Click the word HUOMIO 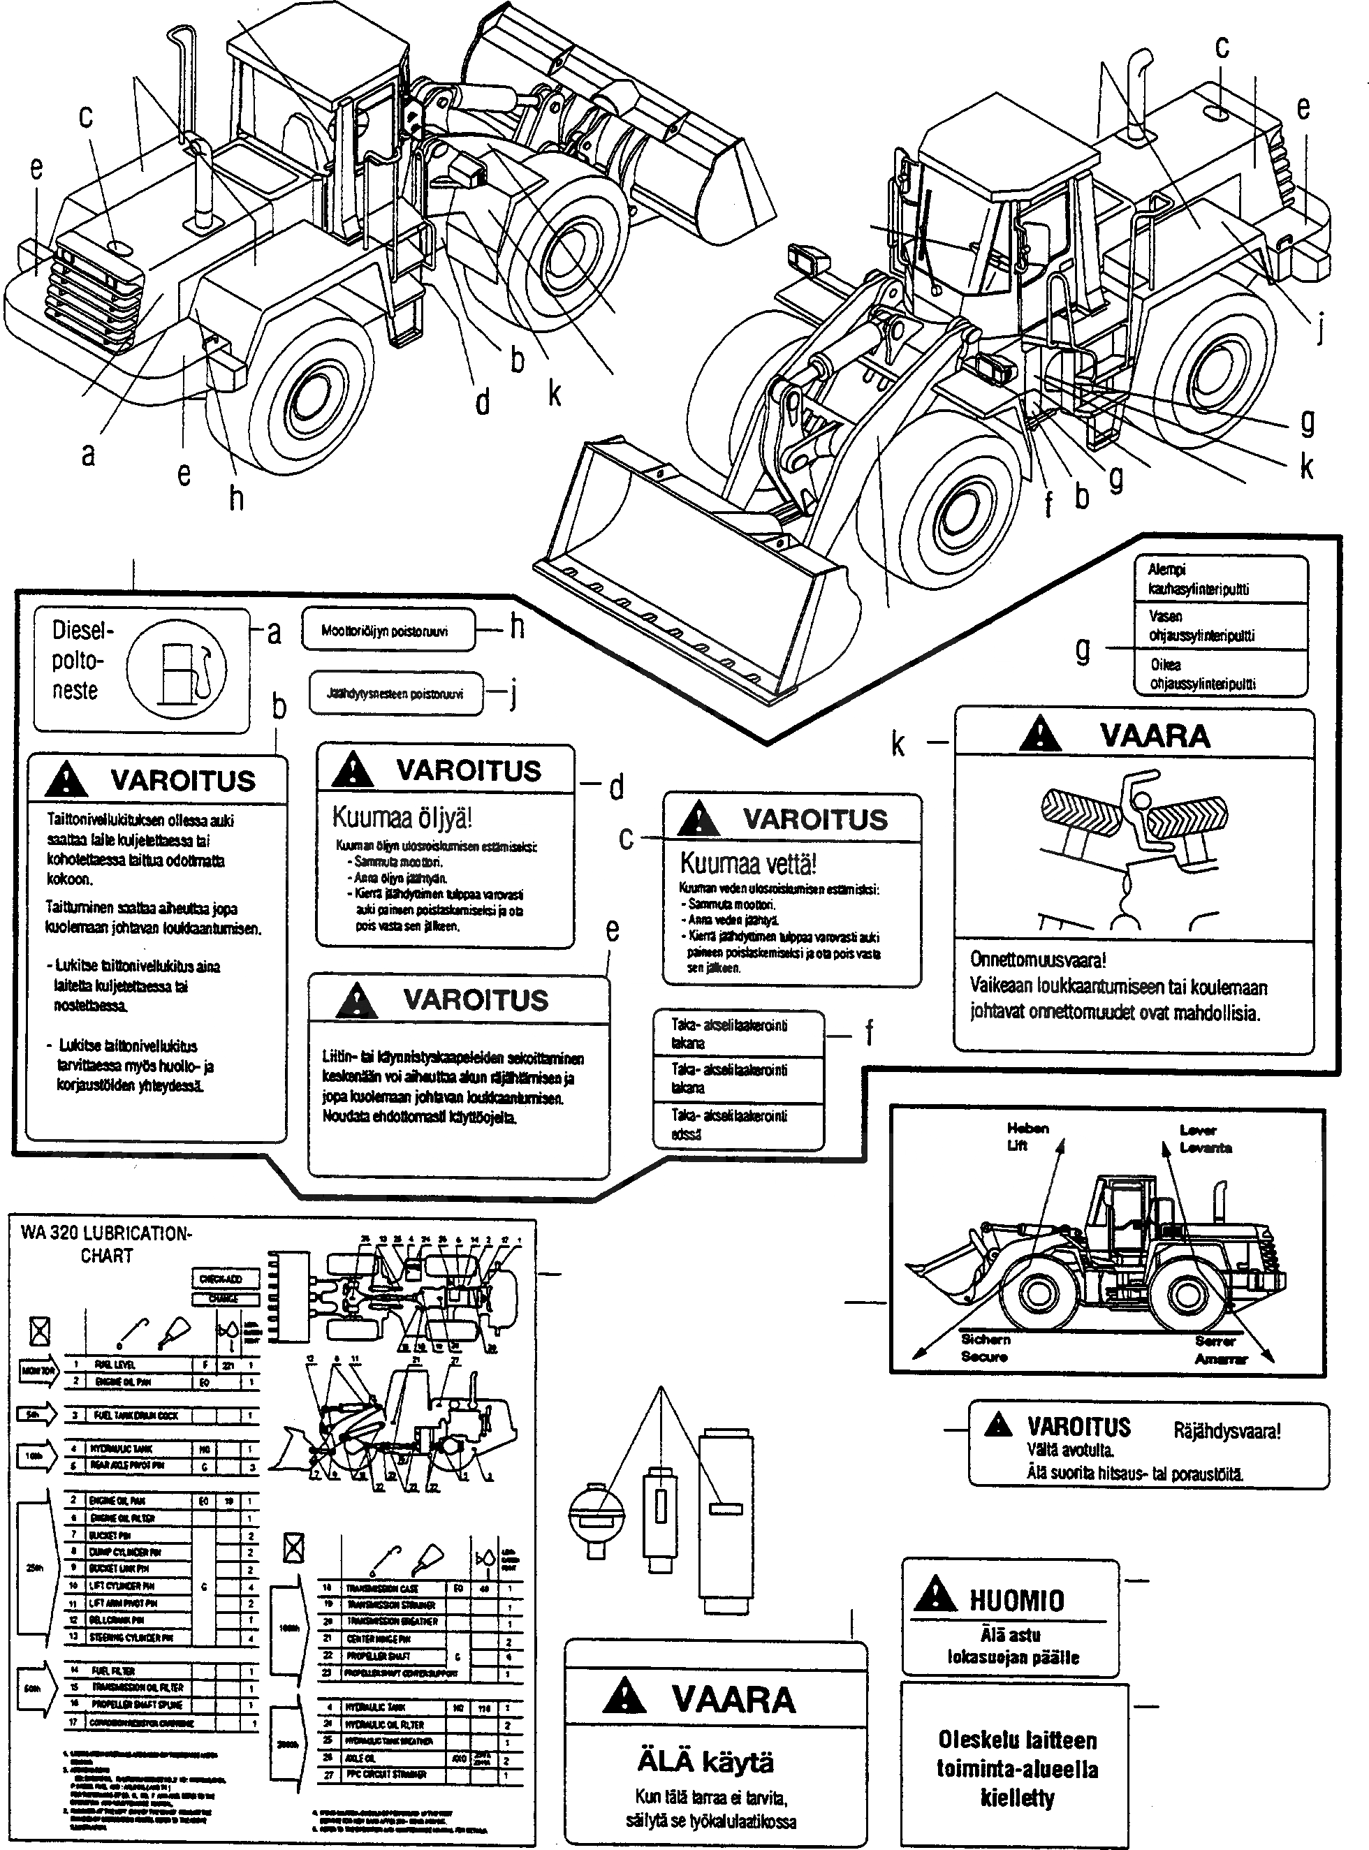[x=1016, y=1600]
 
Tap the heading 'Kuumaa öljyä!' [x=402, y=817]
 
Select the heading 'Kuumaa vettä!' [x=747, y=863]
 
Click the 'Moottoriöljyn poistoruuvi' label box [x=388, y=631]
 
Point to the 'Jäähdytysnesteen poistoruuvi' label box [x=395, y=693]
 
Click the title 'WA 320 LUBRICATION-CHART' [x=106, y=1245]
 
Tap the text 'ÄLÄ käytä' [x=705, y=1761]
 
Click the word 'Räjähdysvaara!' [x=1227, y=1431]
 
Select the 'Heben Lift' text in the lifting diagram [x=1027, y=1137]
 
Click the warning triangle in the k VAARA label [x=1040, y=734]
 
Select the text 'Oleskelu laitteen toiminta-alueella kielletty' [x=1017, y=1769]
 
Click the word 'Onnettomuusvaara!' [x=1037, y=960]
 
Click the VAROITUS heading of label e [x=476, y=1000]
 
